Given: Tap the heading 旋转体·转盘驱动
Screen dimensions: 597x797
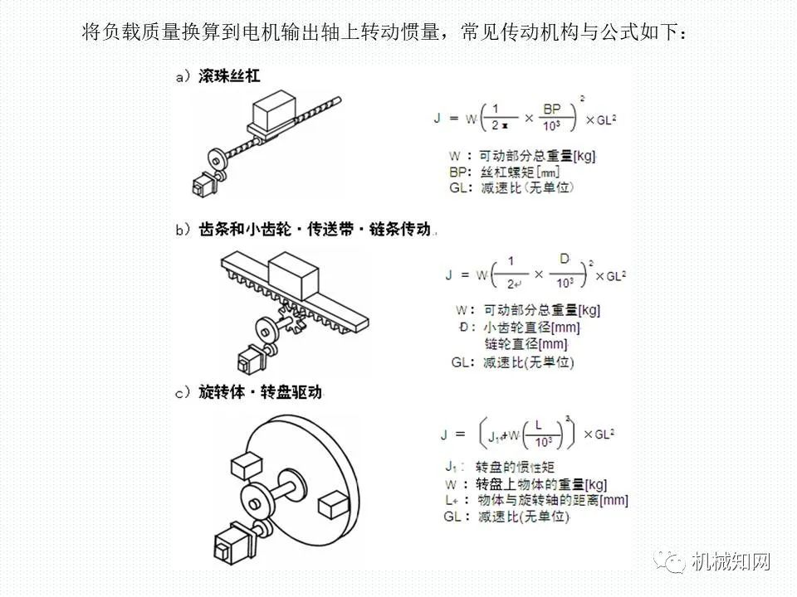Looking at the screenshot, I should click(259, 392).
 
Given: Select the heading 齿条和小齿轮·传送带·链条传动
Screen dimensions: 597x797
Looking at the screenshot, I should click(315, 230).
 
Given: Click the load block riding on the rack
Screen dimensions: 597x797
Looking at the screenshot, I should click(292, 274).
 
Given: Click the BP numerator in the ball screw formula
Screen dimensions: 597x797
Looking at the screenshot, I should click(552, 109).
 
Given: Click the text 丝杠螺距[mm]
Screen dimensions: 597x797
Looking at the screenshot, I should click(520, 172).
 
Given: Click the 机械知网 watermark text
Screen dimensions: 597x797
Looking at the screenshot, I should click(731, 563).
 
